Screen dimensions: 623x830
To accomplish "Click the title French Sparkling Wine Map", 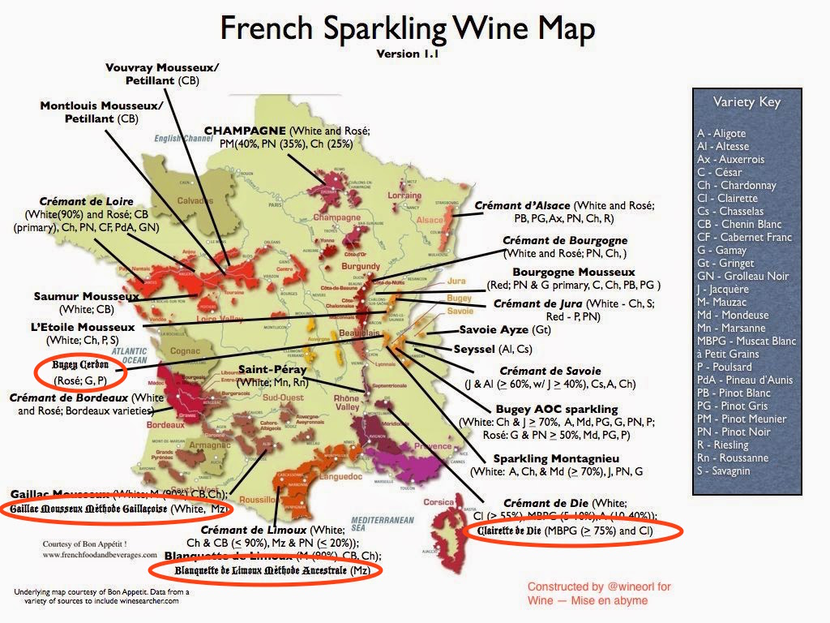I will (408, 29).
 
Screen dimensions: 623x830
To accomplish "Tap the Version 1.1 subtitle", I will (408, 54).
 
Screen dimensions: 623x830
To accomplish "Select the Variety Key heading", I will (747, 102).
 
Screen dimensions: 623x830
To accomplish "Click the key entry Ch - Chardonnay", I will (736, 185).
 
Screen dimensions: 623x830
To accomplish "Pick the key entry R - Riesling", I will (724, 445).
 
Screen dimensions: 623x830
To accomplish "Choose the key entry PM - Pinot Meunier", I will (741, 419).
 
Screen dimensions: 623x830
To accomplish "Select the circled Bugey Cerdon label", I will (79, 365).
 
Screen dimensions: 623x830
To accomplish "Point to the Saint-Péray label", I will (272, 369).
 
